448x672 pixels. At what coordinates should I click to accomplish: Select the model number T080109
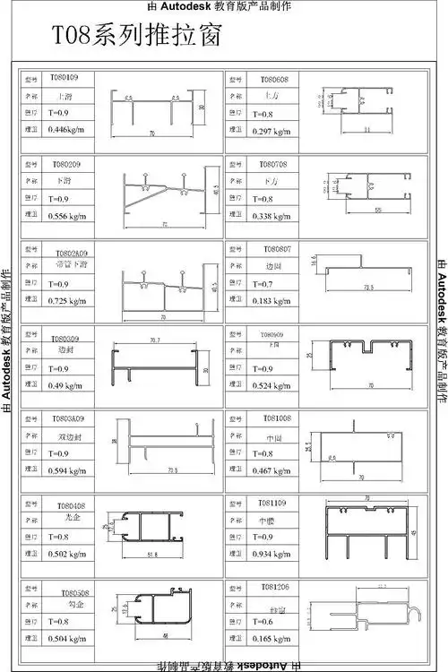click(64, 78)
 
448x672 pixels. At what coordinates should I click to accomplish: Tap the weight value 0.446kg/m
click(65, 130)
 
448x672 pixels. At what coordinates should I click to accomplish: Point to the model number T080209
click(65, 164)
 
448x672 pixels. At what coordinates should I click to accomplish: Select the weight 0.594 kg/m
click(66, 470)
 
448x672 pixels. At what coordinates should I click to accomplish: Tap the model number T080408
click(72, 505)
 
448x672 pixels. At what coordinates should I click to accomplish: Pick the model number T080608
click(274, 79)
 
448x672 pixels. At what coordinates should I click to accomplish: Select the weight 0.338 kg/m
click(271, 216)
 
